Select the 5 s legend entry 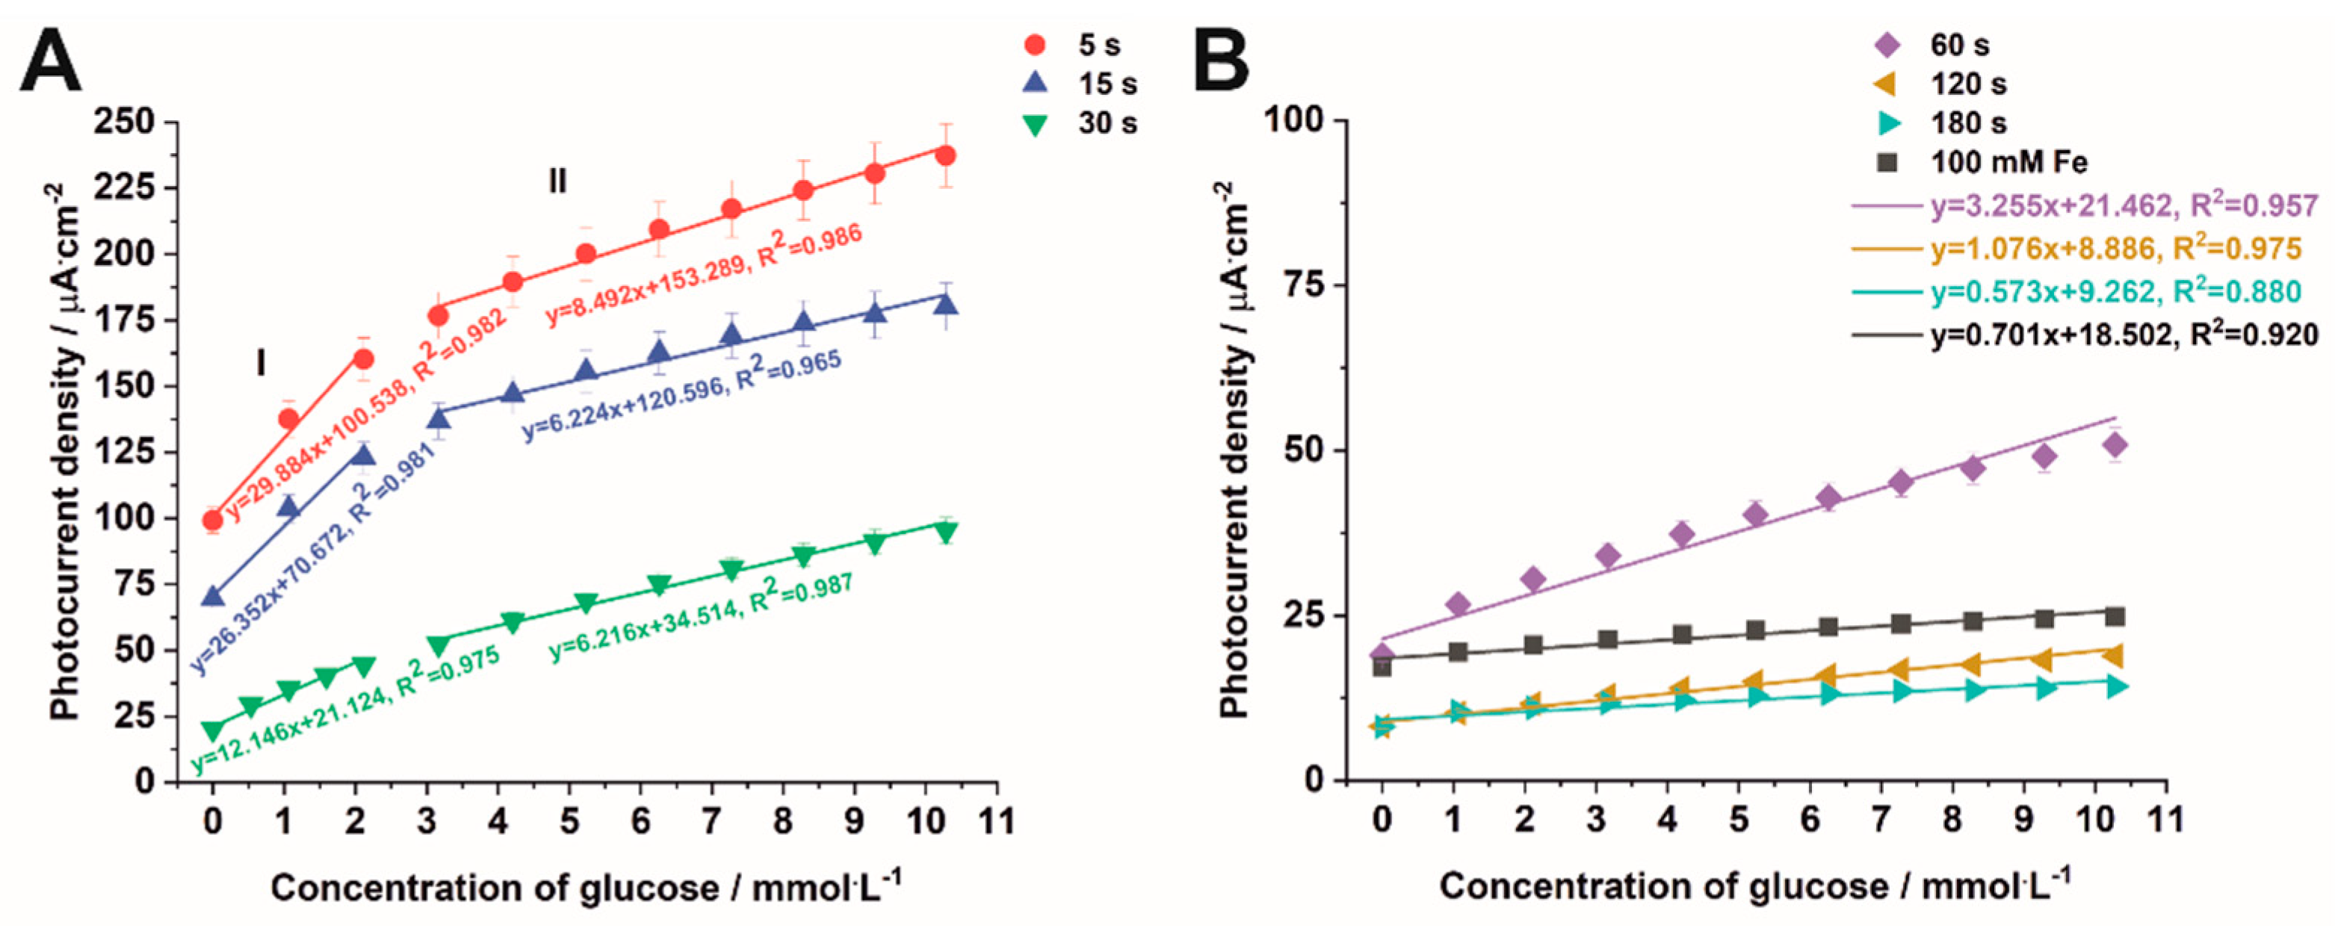(1083, 44)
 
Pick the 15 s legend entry (1083, 84)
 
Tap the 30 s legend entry (1083, 122)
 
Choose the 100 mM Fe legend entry (1985, 163)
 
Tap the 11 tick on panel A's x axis (997, 821)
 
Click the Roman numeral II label (557, 182)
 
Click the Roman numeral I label (261, 364)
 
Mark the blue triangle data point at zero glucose (212, 596)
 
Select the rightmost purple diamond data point (2115, 445)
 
